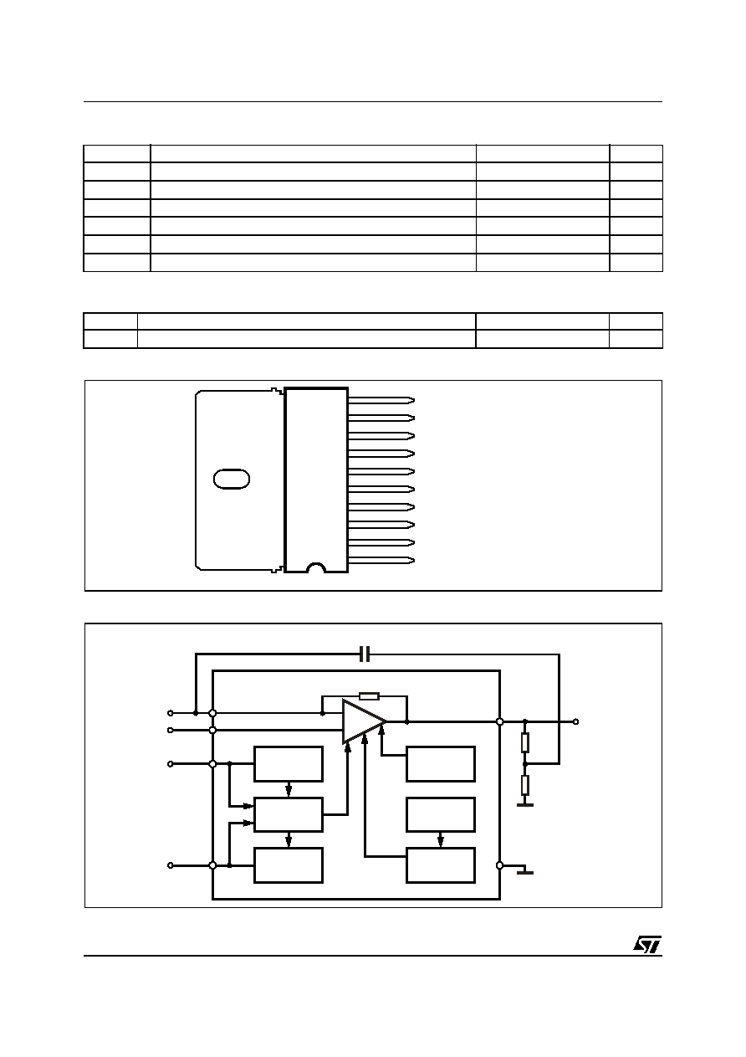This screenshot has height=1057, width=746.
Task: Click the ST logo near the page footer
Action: (647, 944)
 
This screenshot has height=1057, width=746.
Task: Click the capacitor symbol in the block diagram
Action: (365, 654)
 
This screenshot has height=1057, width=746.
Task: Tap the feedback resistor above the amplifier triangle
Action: (369, 696)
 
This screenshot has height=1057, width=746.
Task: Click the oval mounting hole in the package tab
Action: (232, 479)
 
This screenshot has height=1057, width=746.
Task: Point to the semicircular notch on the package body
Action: (316, 567)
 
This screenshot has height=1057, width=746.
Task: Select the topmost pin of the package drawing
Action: (381, 401)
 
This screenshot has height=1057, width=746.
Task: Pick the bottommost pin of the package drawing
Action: (381, 561)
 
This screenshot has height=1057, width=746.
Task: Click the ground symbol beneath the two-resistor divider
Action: (525, 804)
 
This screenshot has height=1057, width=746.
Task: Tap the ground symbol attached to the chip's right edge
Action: (525, 872)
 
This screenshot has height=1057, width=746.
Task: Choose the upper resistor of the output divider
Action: (525, 742)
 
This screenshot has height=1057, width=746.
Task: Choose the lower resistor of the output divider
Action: (525, 785)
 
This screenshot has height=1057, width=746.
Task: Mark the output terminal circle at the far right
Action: (575, 721)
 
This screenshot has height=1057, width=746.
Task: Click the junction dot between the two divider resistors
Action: (525, 763)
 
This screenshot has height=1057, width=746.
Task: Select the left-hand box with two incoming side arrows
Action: (289, 814)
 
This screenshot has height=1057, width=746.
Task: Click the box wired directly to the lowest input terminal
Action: (289, 865)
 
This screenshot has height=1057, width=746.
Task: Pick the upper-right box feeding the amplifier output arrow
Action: (441, 763)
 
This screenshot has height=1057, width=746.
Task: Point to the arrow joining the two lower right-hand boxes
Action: (441, 839)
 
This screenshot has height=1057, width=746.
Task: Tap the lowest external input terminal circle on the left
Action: (171, 865)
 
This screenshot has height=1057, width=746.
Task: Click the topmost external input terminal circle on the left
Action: (171, 713)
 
